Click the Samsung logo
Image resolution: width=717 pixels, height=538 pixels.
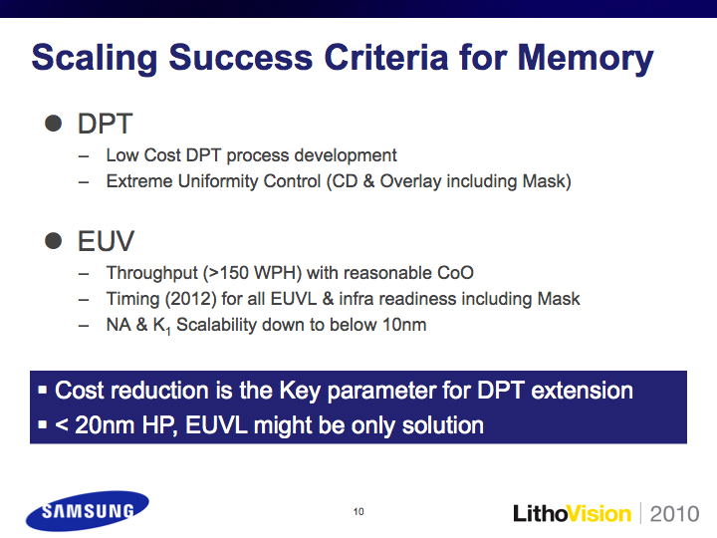(x=88, y=510)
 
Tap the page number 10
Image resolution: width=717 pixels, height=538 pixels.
(x=358, y=511)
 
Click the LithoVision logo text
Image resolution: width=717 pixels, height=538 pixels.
(x=572, y=513)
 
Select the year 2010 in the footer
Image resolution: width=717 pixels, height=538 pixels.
(x=674, y=514)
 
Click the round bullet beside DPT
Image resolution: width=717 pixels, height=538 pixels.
(x=54, y=124)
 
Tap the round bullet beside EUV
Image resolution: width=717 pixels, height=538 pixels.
(x=54, y=241)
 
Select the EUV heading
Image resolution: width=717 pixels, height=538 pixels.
(x=107, y=241)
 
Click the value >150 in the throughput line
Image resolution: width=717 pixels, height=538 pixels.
(x=228, y=273)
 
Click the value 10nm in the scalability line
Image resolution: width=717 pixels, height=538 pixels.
(x=404, y=325)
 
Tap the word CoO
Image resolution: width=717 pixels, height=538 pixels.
(x=455, y=273)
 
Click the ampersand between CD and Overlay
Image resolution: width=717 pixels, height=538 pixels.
(x=369, y=181)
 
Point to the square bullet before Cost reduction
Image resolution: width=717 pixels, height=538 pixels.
(x=43, y=391)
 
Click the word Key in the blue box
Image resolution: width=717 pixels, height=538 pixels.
(x=300, y=392)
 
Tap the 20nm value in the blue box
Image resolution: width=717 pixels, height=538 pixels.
(x=107, y=425)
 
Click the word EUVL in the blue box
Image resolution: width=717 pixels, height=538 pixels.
(x=216, y=425)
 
